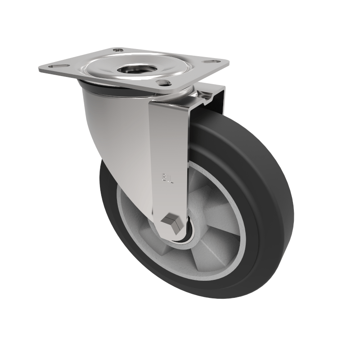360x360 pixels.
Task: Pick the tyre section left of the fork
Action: point(110,198)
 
